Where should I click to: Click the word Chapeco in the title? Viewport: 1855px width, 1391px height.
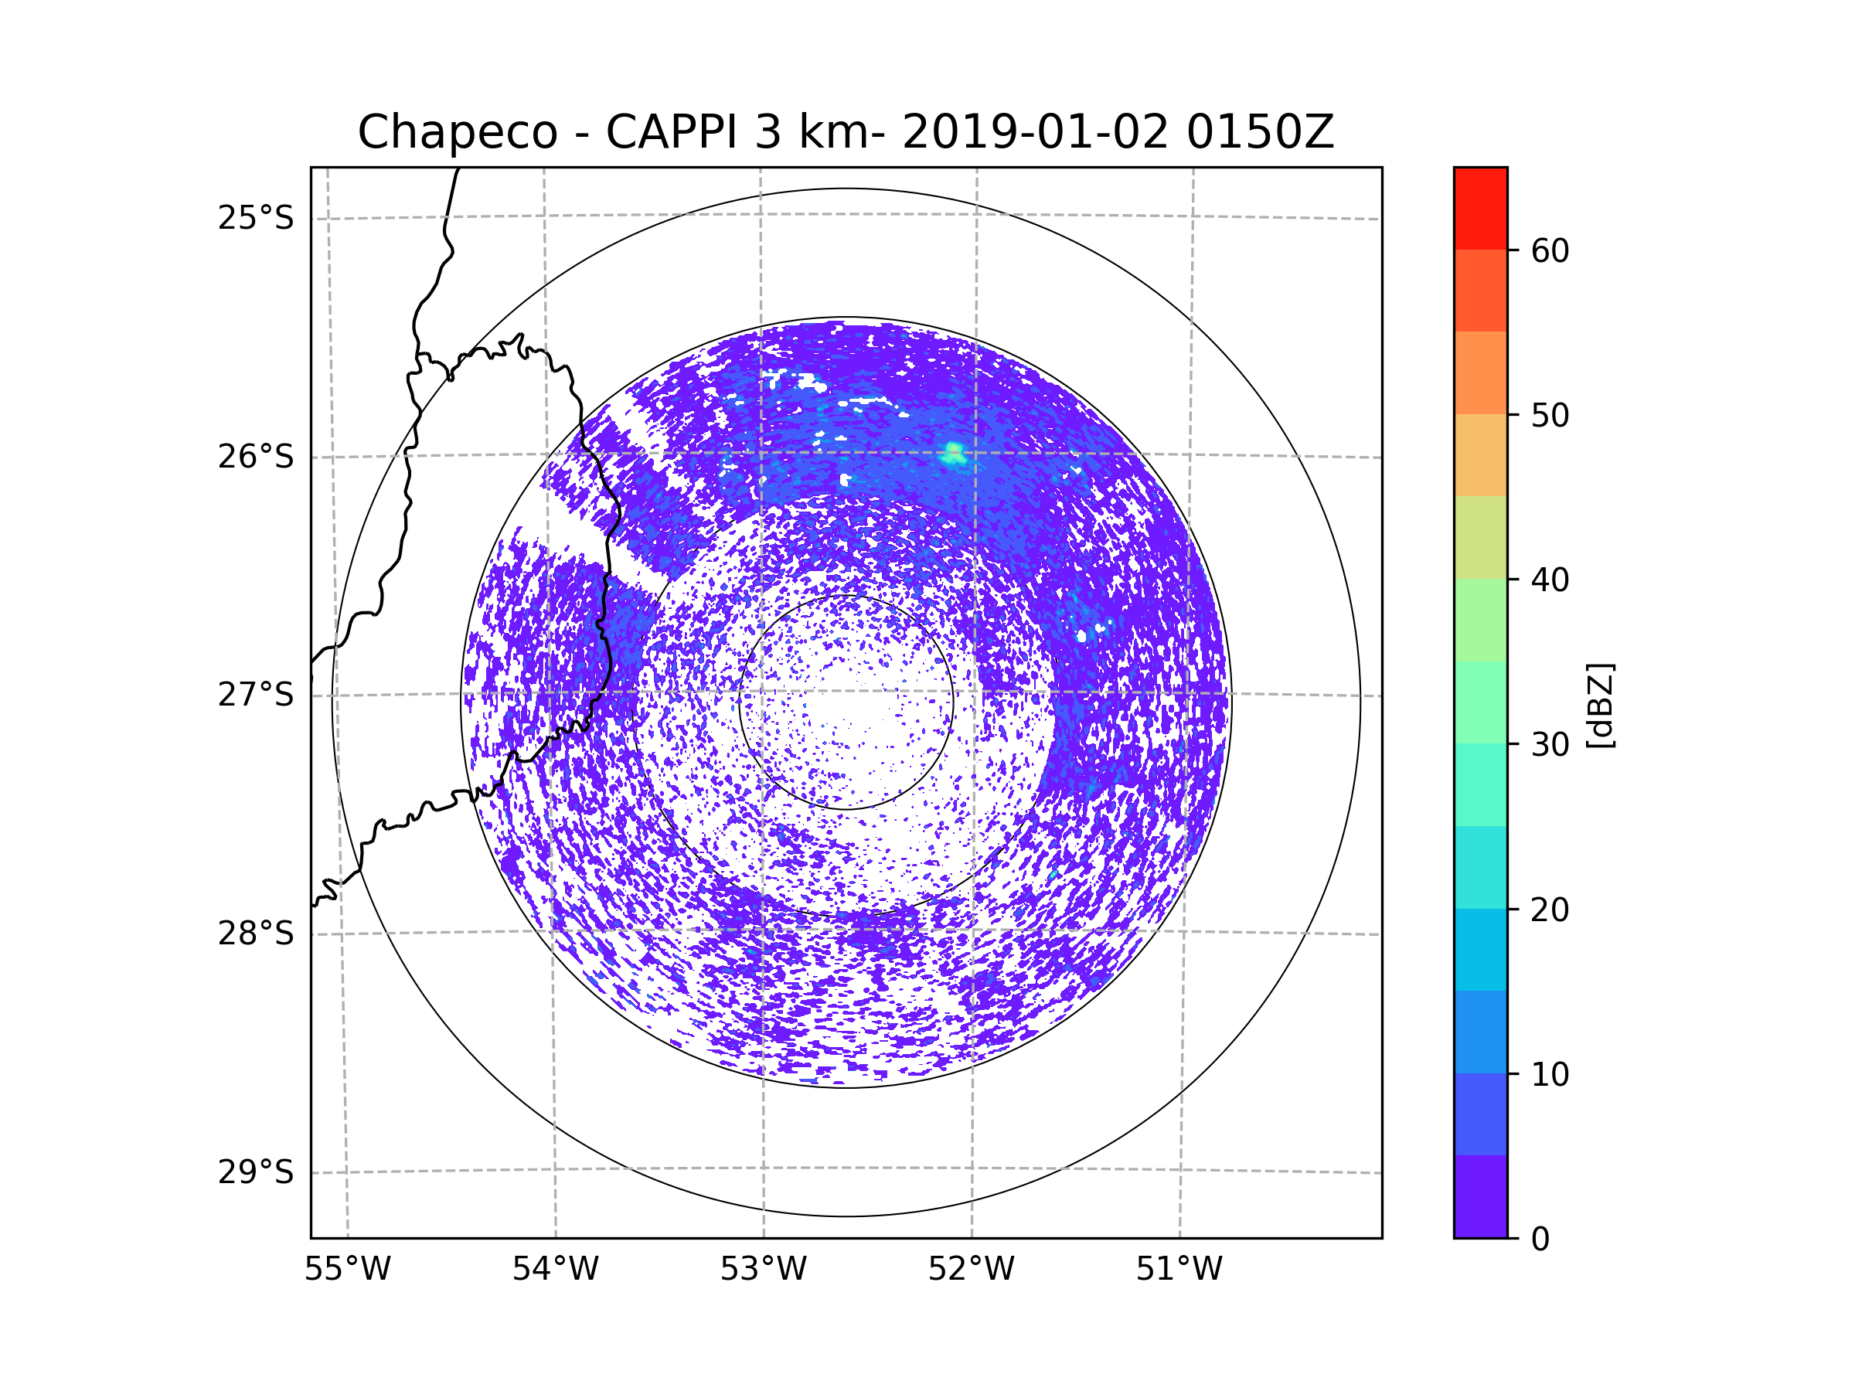457,132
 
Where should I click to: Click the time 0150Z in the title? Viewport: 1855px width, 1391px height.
1260,132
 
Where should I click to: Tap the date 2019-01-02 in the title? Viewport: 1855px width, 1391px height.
1035,132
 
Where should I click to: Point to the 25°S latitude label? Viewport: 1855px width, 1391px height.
256,218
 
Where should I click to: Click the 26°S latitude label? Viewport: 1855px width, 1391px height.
256,457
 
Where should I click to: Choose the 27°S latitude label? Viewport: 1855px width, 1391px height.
256,695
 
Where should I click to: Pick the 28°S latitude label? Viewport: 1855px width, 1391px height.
256,934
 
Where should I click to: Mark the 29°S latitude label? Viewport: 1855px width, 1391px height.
256,1172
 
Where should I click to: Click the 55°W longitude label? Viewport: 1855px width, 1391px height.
347,1270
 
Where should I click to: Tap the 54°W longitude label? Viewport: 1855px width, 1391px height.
555,1270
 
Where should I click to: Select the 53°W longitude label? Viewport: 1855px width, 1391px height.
763,1270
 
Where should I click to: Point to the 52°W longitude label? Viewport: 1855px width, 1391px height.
971,1270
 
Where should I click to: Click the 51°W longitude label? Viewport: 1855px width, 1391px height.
1179,1270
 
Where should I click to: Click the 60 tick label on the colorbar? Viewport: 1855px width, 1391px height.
1550,250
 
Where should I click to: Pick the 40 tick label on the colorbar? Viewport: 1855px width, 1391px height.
1550,580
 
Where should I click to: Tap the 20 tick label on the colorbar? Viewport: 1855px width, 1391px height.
1550,910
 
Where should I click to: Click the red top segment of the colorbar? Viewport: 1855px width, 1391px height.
1480,209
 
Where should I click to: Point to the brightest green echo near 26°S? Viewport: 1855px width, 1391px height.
954,454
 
